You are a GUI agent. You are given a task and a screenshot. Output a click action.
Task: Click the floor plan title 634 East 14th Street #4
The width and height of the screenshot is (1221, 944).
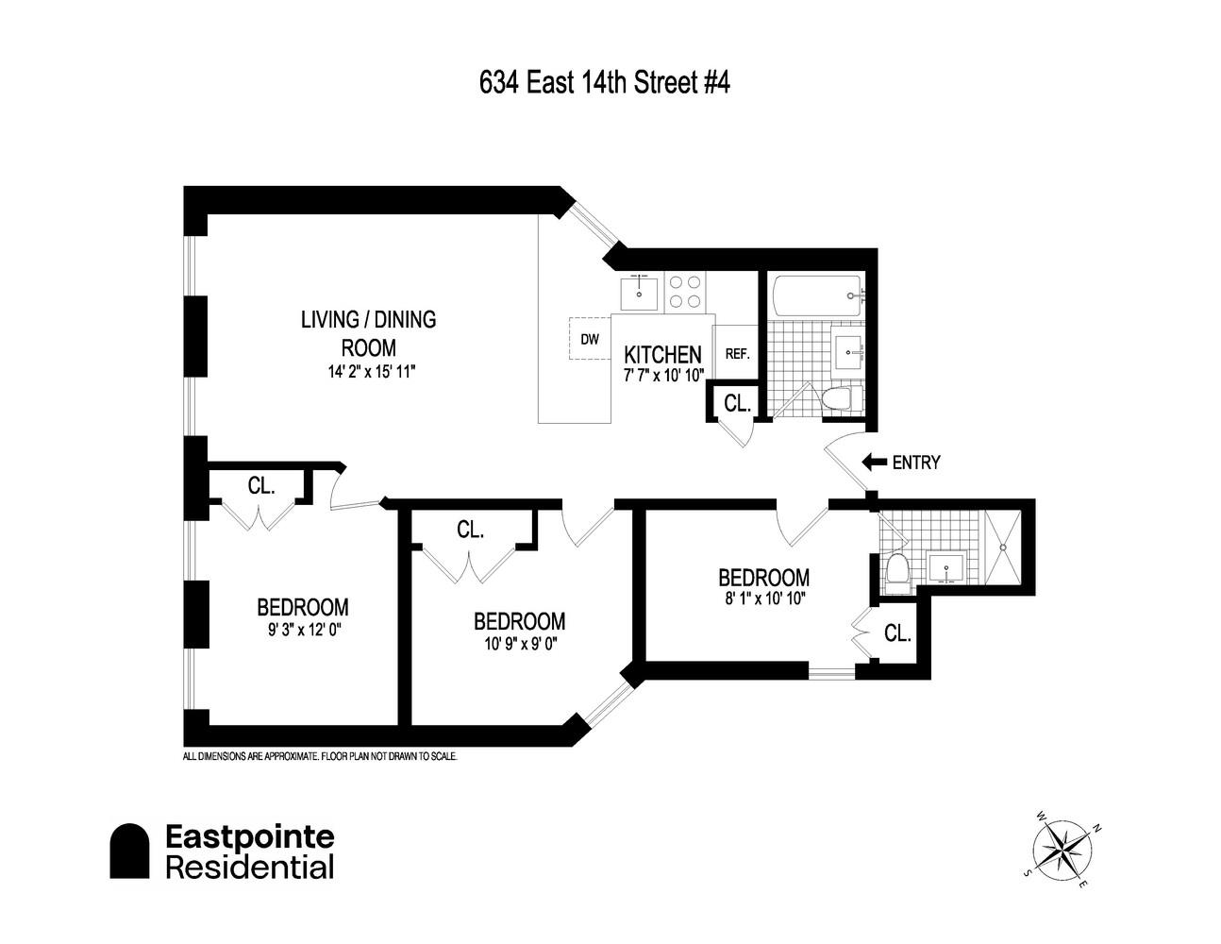tap(604, 83)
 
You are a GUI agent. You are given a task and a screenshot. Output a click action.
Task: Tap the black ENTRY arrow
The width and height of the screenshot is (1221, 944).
tap(874, 463)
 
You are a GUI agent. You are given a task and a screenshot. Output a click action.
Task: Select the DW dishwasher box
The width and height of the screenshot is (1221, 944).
tap(590, 339)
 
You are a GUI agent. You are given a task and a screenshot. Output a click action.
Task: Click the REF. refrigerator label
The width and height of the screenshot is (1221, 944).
tap(737, 354)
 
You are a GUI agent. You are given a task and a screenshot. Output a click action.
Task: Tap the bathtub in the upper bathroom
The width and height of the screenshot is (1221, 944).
tap(816, 295)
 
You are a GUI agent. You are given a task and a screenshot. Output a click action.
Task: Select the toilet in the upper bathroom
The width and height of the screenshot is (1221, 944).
tap(837, 399)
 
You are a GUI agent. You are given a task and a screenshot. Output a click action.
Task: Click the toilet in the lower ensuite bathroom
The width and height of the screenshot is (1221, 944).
tap(897, 571)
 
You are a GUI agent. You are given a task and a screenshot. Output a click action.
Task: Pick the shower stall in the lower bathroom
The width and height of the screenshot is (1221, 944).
tap(1003, 548)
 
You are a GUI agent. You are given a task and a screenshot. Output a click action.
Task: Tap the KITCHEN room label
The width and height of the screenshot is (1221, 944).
tap(663, 355)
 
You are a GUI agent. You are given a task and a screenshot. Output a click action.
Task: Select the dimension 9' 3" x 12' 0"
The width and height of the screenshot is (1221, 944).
tap(302, 629)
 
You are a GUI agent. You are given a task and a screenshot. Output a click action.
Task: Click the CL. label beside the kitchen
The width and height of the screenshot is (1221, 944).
tap(737, 403)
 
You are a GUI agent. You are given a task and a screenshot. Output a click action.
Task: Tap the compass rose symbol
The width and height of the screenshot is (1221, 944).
tap(1061, 848)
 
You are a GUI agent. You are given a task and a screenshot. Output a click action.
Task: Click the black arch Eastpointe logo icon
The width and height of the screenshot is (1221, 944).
tap(129, 851)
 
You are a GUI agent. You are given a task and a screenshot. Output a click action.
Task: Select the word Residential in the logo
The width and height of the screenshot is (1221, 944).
tap(249, 867)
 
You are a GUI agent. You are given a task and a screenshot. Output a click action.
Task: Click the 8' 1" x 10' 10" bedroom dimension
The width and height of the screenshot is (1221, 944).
tap(763, 598)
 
